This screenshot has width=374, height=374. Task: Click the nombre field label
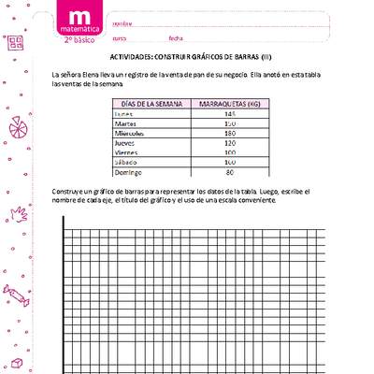click(122, 23)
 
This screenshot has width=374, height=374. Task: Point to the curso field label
click(120, 38)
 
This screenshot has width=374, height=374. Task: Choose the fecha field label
click(176, 38)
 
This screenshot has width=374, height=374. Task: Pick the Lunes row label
click(124, 113)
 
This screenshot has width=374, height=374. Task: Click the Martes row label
click(126, 123)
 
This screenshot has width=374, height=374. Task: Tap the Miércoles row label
click(130, 133)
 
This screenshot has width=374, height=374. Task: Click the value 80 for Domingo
click(229, 171)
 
